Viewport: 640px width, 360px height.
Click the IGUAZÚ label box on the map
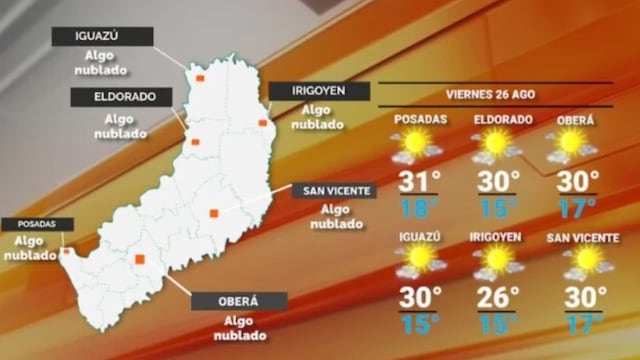point(103,36)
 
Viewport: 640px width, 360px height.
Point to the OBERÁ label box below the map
point(239,301)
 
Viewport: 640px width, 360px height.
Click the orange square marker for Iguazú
point(200,77)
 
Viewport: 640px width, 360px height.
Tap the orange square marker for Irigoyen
point(263,123)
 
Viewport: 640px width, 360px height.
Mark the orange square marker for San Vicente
point(214,212)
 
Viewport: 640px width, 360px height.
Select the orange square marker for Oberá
point(140,259)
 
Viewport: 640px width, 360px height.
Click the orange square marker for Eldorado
point(196,141)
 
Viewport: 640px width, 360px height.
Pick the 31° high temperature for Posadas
point(419,182)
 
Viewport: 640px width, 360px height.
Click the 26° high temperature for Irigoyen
point(497,297)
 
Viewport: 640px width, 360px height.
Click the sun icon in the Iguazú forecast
point(419,262)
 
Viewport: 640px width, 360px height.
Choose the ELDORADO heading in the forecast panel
point(494,119)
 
